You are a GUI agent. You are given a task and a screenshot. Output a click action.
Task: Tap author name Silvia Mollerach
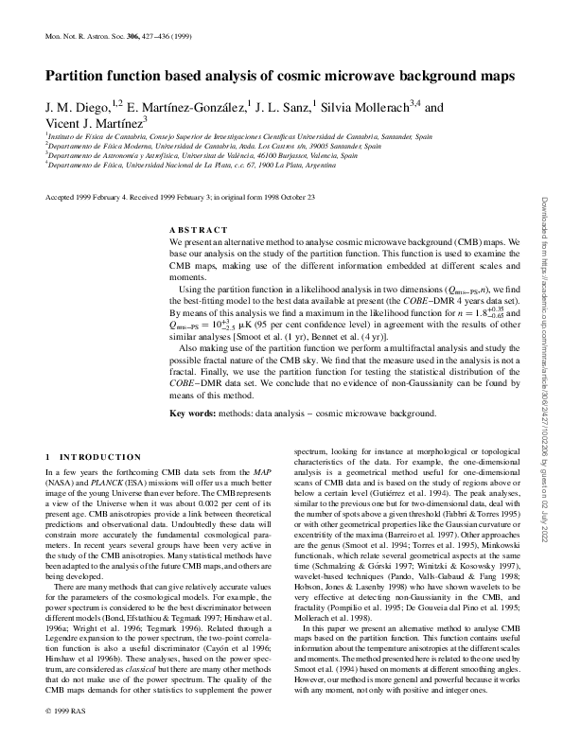(x=364, y=108)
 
